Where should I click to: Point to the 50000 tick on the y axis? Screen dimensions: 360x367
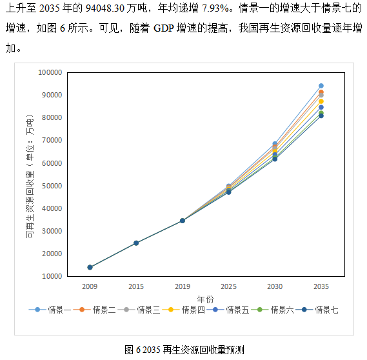pos(51,186)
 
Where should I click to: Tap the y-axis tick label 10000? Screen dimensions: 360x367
pos(51,276)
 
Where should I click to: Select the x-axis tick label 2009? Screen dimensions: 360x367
pos(90,285)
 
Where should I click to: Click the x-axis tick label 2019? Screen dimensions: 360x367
pos(183,285)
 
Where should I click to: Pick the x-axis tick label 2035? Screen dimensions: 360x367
pos(321,285)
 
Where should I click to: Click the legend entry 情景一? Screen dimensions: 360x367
pos(59,310)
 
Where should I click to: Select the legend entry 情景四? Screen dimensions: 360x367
pos(192,310)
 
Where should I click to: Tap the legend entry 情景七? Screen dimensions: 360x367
pos(326,310)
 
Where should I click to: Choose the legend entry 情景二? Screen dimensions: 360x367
pos(103,310)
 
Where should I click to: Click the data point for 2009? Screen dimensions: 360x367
pos(90,267)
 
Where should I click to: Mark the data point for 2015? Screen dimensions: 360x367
pos(136,243)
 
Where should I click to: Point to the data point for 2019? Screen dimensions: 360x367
pos(183,221)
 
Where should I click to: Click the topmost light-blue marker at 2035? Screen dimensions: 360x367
pos(321,86)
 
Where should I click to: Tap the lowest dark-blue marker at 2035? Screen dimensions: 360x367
pos(321,116)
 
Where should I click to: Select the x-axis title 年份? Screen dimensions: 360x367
pos(205,298)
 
